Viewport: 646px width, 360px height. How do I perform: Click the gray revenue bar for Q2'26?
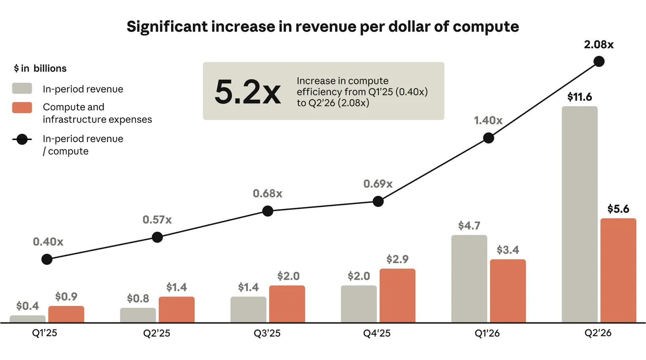point(579,214)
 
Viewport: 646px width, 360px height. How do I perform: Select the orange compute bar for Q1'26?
point(507,291)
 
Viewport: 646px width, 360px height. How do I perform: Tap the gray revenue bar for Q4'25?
point(359,304)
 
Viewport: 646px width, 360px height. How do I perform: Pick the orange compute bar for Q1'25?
point(66,314)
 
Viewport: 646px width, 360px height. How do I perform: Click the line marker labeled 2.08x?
point(599,61)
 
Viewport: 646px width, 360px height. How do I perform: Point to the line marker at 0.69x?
point(378,201)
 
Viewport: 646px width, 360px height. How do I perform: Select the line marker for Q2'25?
point(157,237)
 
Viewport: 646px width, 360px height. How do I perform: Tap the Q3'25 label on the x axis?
point(267,333)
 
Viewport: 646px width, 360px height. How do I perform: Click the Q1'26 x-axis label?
point(487,333)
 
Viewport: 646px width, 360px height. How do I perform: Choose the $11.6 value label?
point(579,97)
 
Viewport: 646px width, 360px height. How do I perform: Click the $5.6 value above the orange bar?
point(618,208)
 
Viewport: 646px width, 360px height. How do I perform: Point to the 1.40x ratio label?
point(488,121)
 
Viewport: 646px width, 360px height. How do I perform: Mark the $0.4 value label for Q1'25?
point(27,306)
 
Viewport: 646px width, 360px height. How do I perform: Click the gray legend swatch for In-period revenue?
point(22,88)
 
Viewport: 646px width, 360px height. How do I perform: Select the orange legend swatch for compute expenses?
point(22,108)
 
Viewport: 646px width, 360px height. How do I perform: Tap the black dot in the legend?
point(22,140)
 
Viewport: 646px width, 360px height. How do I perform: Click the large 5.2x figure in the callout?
point(247,92)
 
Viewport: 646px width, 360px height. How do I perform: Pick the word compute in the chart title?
point(486,27)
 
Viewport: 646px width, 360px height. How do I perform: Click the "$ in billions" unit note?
point(40,68)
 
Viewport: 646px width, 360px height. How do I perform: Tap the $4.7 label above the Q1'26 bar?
point(469,225)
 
